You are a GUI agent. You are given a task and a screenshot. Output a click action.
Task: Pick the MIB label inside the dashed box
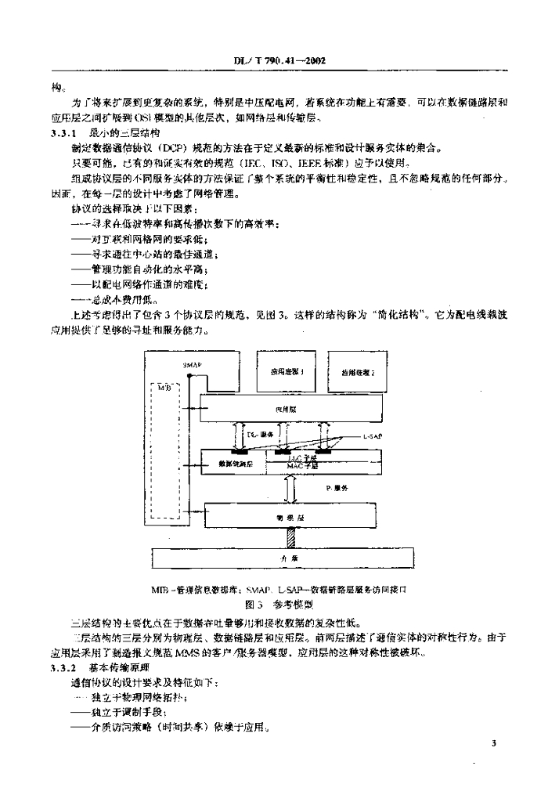tap(164, 387)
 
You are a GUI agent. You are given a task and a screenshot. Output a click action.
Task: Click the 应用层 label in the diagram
tap(284, 409)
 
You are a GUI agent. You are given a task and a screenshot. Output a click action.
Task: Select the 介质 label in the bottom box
tap(284, 557)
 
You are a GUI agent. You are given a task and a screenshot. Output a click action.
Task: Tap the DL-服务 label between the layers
tap(258, 433)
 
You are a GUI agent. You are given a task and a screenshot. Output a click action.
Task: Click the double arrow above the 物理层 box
tap(290, 489)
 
